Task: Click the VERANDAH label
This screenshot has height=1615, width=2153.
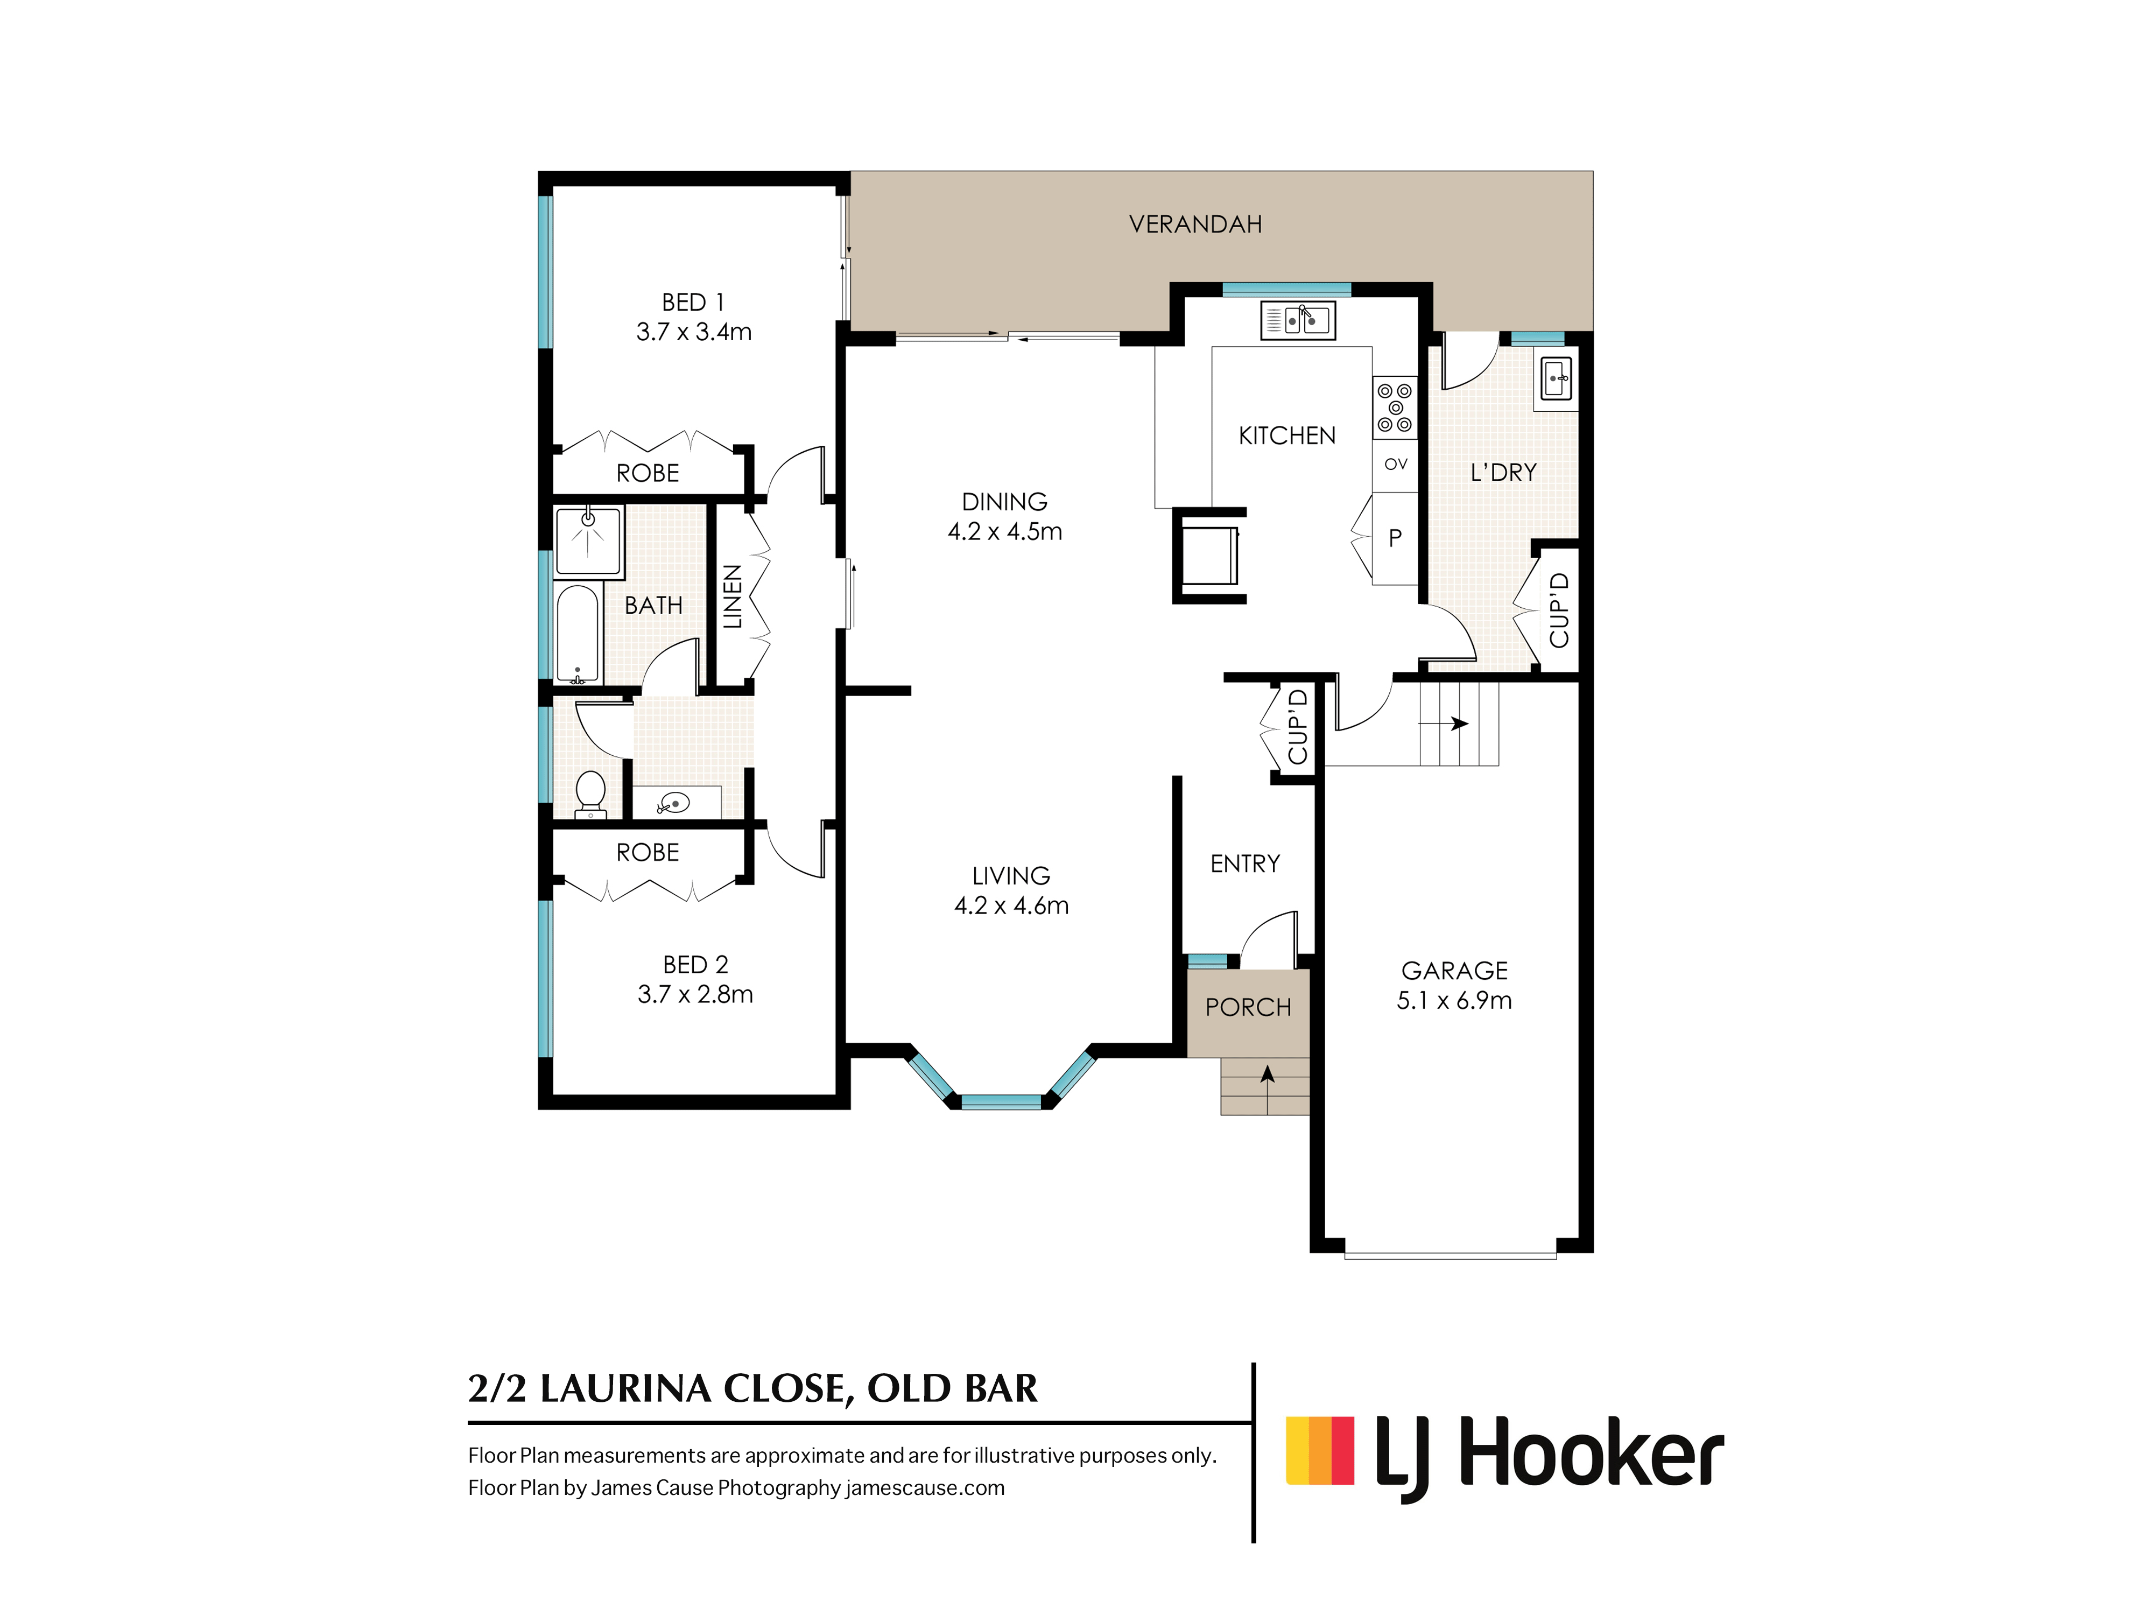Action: (1195, 225)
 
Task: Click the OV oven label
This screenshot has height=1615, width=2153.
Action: (1396, 465)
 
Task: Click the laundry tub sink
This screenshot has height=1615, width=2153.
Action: (1556, 378)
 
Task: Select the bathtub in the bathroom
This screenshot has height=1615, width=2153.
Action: (577, 633)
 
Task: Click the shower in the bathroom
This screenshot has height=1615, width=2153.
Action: (588, 541)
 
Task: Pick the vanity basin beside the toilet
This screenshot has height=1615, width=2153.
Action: (673, 803)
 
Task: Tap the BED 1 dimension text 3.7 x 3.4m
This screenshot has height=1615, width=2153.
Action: (694, 332)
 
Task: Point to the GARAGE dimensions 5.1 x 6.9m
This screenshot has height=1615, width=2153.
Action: (1454, 1001)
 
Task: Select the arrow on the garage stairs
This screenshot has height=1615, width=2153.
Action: (1444, 724)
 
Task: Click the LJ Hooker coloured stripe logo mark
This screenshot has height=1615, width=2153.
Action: (1320, 1450)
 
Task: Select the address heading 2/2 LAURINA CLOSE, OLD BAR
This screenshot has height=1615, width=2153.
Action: (752, 1389)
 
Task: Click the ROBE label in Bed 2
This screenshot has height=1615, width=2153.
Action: (648, 853)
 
